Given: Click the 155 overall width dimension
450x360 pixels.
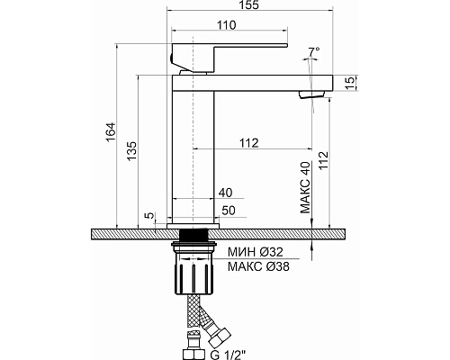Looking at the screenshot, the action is tap(249, 5).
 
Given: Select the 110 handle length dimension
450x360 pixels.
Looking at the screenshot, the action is tap(227, 25).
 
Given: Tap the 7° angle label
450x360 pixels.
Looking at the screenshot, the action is tap(314, 51).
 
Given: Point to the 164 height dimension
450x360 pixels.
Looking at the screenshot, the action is tap(111, 132).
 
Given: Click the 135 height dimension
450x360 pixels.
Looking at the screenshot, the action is tap(131, 151).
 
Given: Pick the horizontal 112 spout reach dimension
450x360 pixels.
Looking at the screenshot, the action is tap(249, 143).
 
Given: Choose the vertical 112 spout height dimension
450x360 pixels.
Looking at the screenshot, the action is tap(324, 161).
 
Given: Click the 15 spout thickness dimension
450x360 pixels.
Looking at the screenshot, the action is tap(350, 83).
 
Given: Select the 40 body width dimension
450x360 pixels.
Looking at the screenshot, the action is tap(226, 193).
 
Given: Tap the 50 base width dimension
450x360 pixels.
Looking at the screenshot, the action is tap(229, 211).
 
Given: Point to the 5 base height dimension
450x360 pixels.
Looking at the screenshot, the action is tap(149, 215).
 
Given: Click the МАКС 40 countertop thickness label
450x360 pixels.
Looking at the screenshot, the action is tap(305, 187).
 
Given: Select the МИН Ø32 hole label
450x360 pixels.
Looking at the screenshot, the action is tap(256, 252).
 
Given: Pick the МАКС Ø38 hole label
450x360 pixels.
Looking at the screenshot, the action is tap(258, 266).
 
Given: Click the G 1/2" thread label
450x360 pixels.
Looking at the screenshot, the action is tap(228, 355).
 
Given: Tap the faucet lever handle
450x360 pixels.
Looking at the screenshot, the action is tap(229, 58).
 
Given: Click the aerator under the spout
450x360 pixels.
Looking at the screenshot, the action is tap(311, 94).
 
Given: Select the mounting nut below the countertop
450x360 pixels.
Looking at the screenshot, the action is tap(193, 267).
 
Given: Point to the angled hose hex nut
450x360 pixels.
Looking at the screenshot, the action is tap(220, 337).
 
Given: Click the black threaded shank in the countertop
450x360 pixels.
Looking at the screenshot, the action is tap(193, 234).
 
